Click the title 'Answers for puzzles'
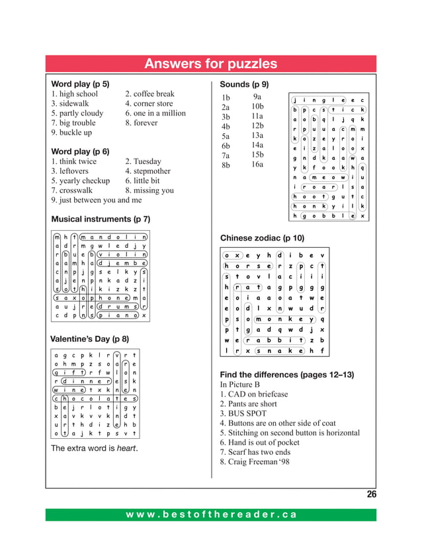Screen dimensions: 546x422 (x=210, y=64)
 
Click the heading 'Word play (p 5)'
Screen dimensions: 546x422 (x=80, y=84)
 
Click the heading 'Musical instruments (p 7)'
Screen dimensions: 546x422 (x=101, y=219)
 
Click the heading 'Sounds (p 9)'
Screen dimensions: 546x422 (x=243, y=84)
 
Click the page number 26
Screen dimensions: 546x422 (x=371, y=494)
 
